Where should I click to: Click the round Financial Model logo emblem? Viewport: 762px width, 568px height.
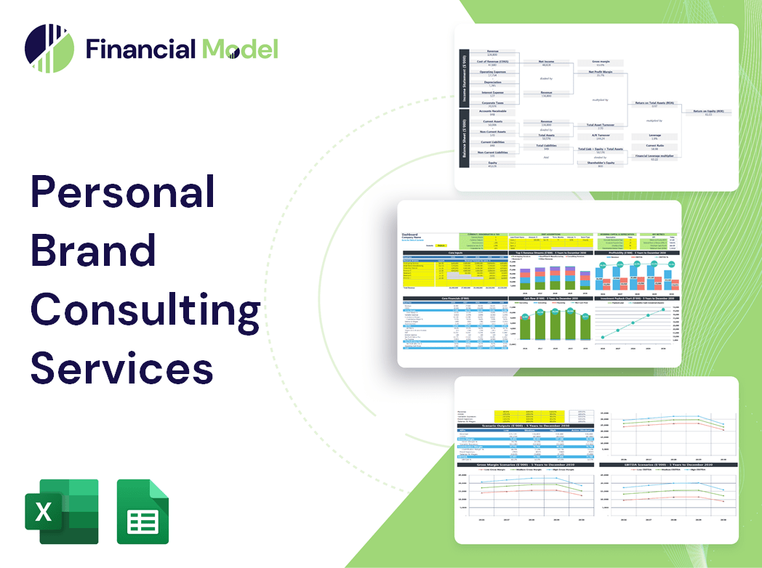tap(49, 49)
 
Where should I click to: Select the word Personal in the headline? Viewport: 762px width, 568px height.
tap(122, 195)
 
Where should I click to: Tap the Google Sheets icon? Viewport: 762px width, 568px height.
tap(143, 511)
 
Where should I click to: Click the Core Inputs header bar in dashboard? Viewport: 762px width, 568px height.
tap(454, 253)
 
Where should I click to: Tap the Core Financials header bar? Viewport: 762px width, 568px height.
tap(454, 298)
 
